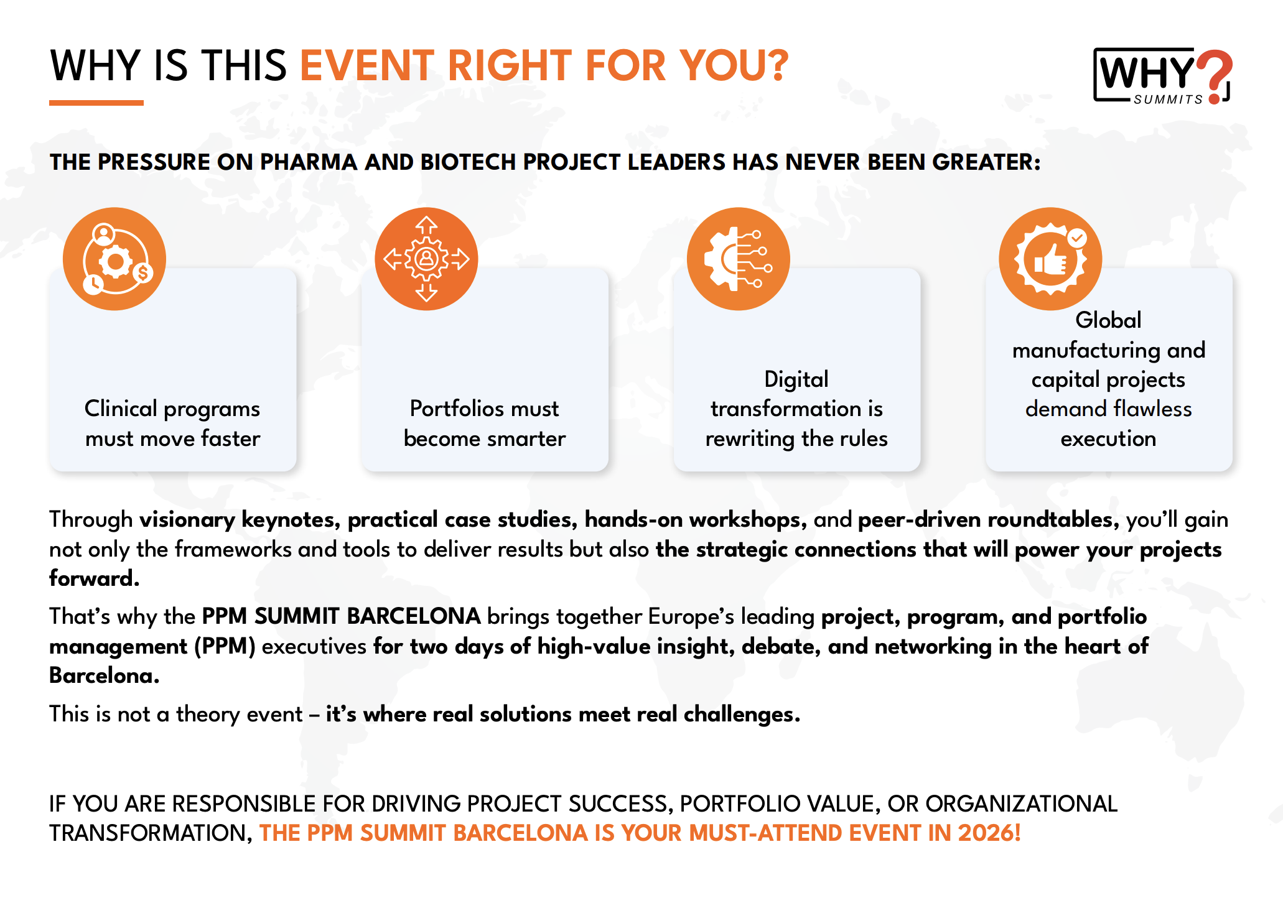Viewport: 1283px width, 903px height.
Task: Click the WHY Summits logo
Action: pyautogui.click(x=1162, y=76)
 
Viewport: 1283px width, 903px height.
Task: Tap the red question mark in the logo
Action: pyautogui.click(x=1215, y=76)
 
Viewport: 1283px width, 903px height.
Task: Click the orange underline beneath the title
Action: pyautogui.click(x=96, y=103)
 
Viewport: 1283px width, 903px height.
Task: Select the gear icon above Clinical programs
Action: pyautogui.click(x=114, y=259)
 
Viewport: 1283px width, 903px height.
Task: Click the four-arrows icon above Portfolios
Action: pyautogui.click(x=426, y=259)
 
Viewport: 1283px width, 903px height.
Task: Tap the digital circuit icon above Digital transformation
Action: pyautogui.click(x=739, y=259)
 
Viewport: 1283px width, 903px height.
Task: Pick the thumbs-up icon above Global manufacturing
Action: pyautogui.click(x=1050, y=259)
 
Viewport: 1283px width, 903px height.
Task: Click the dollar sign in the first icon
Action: pyautogui.click(x=143, y=272)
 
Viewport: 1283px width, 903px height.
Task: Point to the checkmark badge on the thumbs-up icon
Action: pyautogui.click(x=1077, y=238)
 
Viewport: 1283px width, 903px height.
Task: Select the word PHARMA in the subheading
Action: pyautogui.click(x=307, y=162)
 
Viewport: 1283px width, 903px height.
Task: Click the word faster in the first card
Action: pyautogui.click(x=230, y=438)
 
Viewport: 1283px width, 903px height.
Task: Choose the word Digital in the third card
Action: pyautogui.click(x=796, y=380)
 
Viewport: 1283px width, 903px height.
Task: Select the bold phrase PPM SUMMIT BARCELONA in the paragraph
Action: pyautogui.click(x=342, y=616)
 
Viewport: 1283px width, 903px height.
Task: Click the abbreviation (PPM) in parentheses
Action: pyautogui.click(x=225, y=647)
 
